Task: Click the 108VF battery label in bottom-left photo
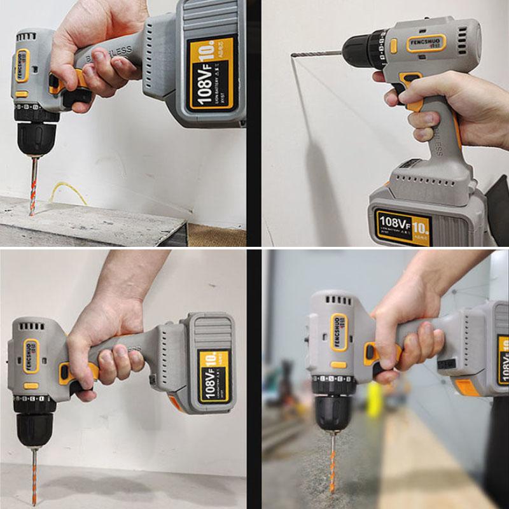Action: pyautogui.click(x=214, y=376)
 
